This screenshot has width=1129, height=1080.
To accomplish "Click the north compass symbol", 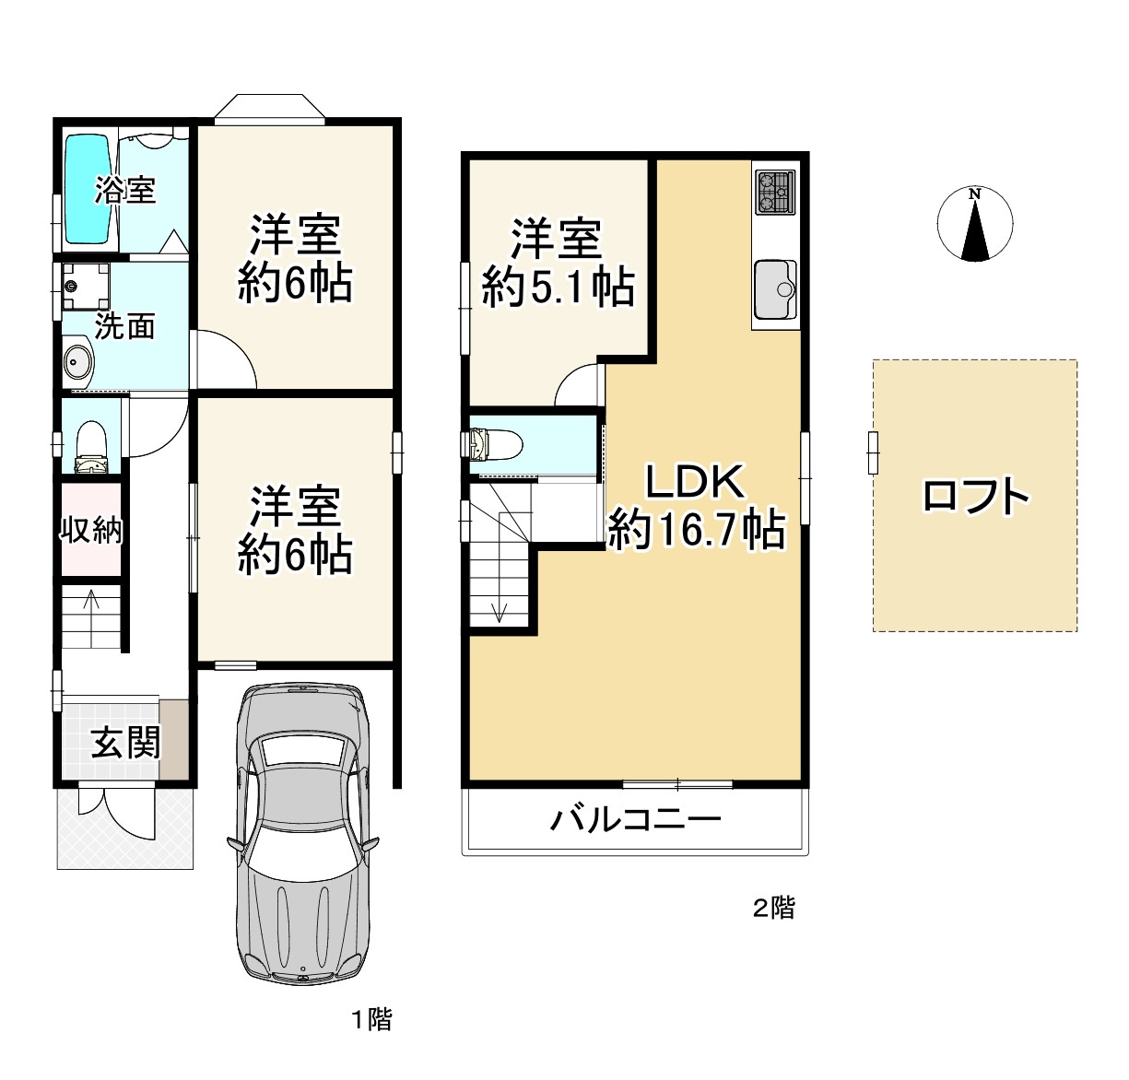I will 974,224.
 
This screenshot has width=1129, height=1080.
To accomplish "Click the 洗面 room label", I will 124,326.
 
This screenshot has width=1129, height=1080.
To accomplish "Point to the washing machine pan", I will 85,286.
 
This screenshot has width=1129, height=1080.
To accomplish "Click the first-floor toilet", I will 91,446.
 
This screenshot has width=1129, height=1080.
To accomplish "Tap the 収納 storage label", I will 91,530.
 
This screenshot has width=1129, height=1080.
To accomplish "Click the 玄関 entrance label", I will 125,742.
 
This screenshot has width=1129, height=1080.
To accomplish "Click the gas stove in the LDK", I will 774,192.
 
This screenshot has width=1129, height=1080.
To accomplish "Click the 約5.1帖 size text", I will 558,288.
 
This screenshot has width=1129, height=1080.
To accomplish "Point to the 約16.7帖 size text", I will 696,530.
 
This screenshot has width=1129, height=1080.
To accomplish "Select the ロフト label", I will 975,497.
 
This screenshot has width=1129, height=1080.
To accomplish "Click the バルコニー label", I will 636,818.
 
